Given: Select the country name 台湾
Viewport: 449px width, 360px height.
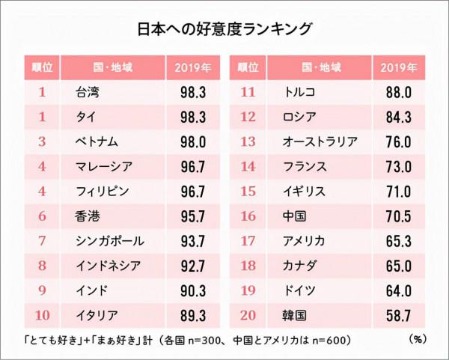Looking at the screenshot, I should click(x=89, y=93).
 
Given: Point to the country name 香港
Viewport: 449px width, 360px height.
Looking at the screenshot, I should click(x=89, y=217).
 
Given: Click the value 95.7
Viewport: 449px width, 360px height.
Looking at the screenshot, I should click(x=192, y=217).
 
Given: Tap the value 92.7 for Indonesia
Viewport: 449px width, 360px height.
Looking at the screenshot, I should click(x=192, y=266).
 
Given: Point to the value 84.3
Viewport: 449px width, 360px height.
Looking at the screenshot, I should click(x=398, y=118).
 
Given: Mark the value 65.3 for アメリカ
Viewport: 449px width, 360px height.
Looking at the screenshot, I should click(x=398, y=242).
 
